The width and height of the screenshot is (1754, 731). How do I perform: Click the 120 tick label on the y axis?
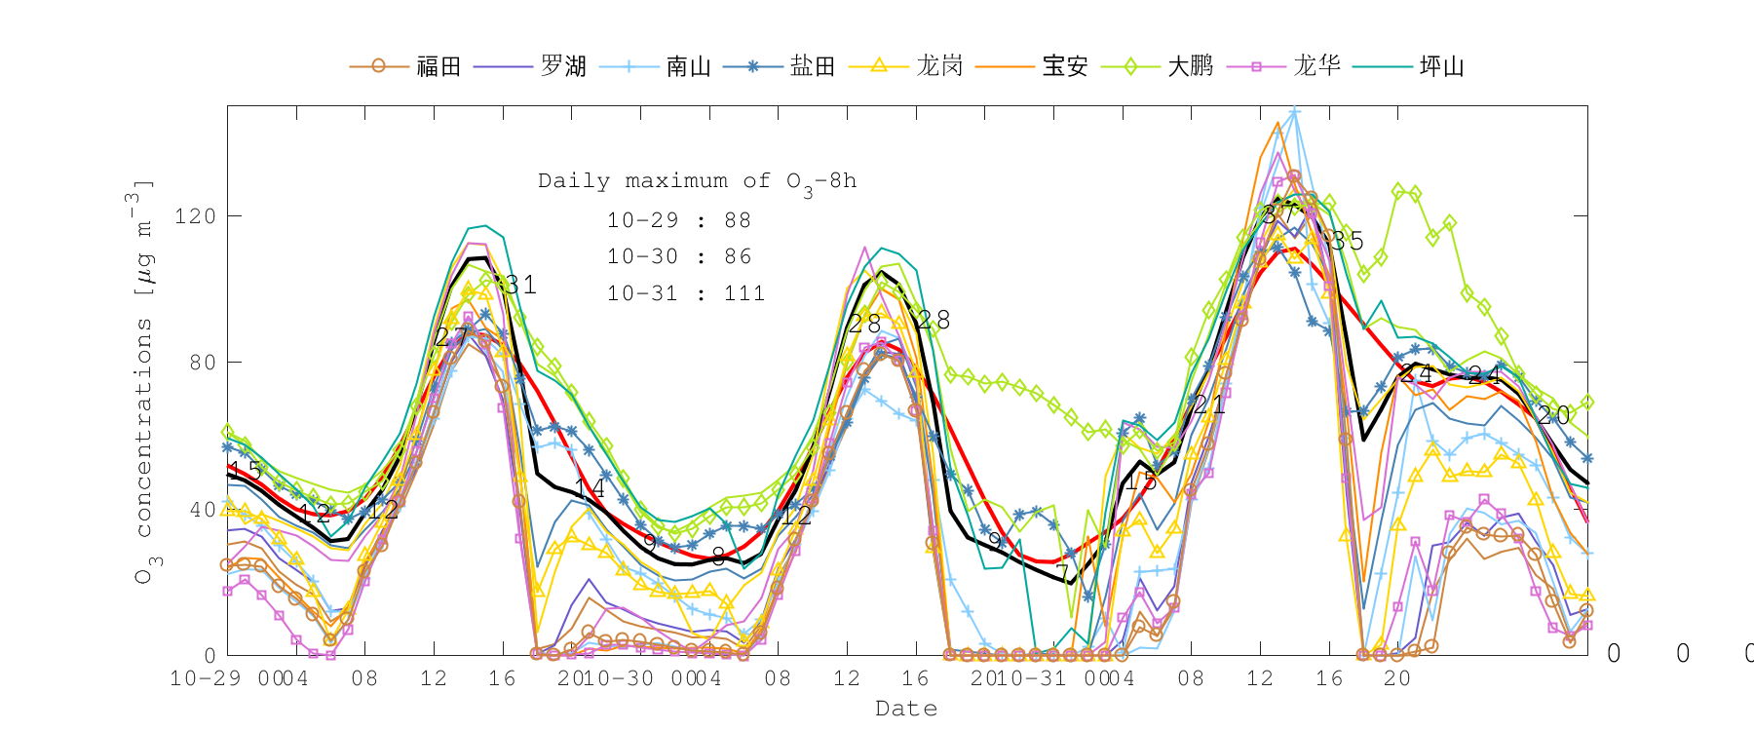tap(195, 215)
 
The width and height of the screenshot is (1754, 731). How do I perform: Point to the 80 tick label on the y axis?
tap(201, 363)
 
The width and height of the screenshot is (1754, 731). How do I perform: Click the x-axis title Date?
tap(906, 709)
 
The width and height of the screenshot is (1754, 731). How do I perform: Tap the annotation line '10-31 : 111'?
tap(686, 293)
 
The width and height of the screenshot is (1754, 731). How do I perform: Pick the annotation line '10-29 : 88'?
tap(679, 220)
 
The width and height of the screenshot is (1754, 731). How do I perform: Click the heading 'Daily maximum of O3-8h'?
tap(698, 181)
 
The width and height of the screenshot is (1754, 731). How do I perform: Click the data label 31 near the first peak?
tap(516, 285)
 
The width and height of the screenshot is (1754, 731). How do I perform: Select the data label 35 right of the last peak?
tap(1347, 241)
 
